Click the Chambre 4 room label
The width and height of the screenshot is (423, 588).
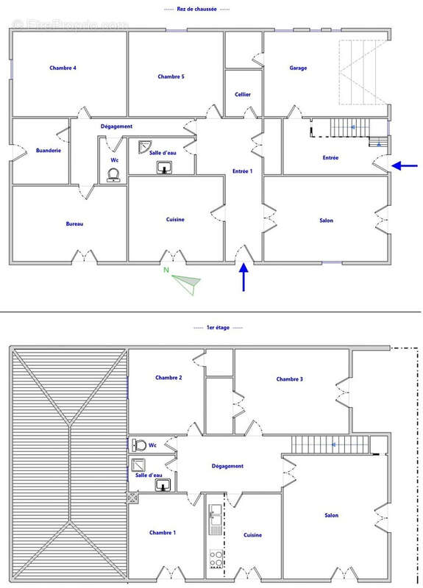[63, 68]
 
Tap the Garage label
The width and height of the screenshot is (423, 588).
[298, 68]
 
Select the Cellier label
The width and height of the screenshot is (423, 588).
[243, 94]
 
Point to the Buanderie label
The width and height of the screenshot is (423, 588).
[49, 150]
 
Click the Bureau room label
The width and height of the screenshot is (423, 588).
[74, 223]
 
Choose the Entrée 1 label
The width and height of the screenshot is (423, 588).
[242, 171]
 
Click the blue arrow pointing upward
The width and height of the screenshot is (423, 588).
[244, 279]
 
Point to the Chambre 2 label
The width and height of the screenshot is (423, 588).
[168, 378]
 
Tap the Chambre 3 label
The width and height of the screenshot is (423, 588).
[290, 379]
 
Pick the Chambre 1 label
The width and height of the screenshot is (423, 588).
[162, 533]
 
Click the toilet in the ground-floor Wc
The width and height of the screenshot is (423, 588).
[113, 175]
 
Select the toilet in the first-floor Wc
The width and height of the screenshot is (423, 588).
[139, 445]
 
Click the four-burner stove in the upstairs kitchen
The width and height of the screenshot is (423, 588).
[216, 558]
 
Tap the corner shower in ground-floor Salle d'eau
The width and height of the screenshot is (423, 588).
[144, 146]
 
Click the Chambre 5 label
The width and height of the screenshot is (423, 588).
[171, 76]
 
